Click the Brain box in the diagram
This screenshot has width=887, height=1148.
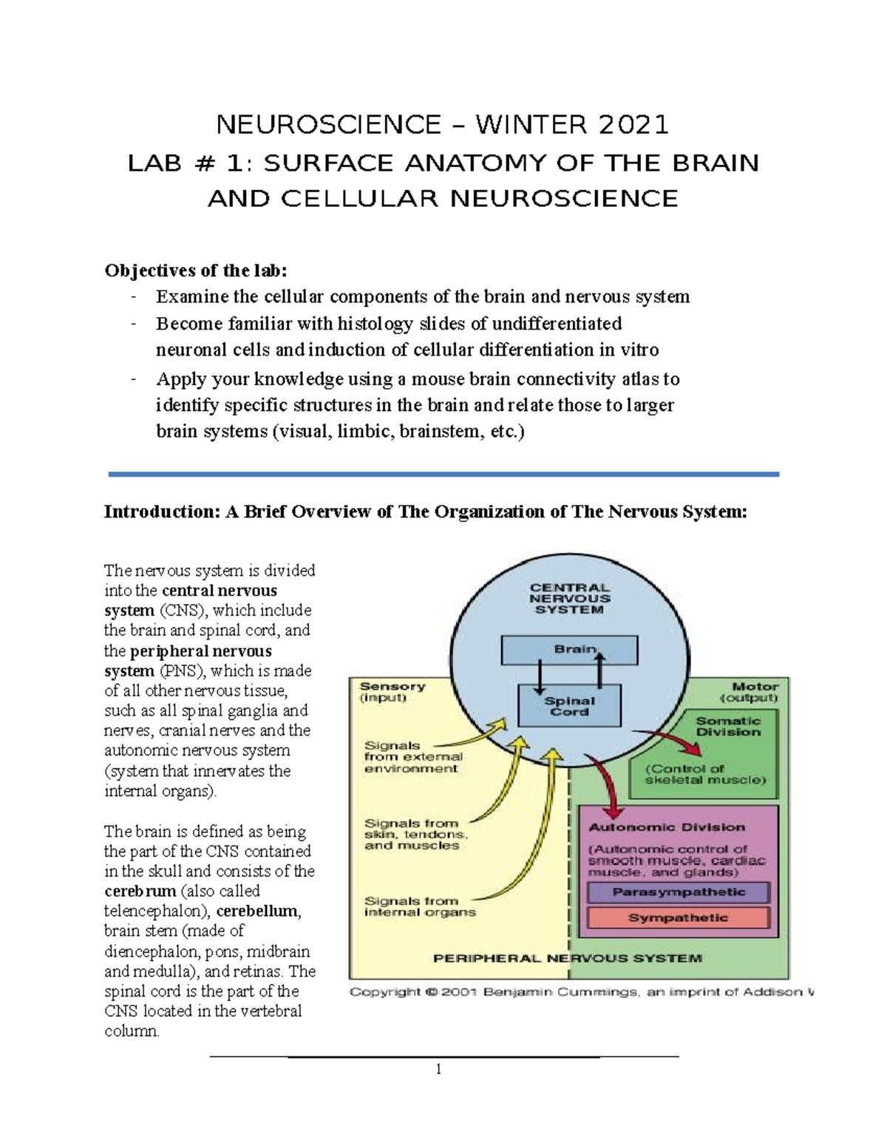(x=569, y=650)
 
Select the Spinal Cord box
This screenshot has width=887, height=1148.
(x=569, y=707)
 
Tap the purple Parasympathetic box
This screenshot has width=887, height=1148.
(x=678, y=892)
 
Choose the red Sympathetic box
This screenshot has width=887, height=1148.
(x=678, y=918)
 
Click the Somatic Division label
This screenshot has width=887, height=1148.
(x=727, y=726)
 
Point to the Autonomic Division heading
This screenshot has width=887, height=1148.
(x=667, y=827)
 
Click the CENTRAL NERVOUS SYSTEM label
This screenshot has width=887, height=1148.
(x=569, y=599)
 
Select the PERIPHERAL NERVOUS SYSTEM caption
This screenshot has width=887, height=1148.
(x=567, y=958)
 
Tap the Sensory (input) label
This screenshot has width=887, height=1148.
(x=392, y=691)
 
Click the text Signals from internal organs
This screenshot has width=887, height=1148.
(x=419, y=906)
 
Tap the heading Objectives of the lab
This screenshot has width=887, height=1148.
(x=195, y=271)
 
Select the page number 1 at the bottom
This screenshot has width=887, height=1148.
(x=438, y=1069)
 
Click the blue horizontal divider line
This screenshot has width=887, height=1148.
(x=443, y=474)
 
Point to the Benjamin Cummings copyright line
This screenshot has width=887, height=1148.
(x=580, y=992)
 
